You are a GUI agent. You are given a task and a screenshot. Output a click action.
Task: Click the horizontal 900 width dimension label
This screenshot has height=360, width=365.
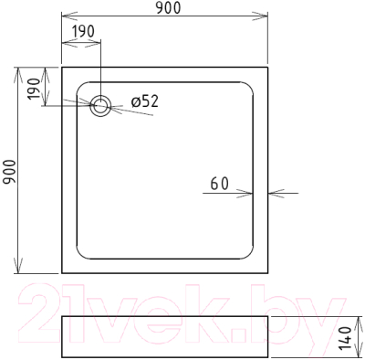click(x=168, y=8)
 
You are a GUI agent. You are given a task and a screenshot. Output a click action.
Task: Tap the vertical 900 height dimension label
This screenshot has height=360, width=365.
click(x=9, y=172)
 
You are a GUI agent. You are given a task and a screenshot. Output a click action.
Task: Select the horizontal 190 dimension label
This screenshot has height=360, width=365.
click(x=84, y=31)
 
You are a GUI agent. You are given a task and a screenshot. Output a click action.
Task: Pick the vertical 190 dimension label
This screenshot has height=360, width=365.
click(x=34, y=89)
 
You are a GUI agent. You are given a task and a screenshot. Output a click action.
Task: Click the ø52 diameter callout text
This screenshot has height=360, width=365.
click(x=145, y=101)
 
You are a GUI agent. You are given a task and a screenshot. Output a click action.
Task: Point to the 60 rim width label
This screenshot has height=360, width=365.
click(x=219, y=184)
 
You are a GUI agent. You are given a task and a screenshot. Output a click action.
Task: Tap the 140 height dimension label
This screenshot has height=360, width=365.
click(x=345, y=338)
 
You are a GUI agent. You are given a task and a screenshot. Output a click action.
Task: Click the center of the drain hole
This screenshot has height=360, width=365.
click(x=100, y=106)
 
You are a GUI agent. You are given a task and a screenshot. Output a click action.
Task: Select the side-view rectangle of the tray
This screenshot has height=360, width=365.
click(x=165, y=337)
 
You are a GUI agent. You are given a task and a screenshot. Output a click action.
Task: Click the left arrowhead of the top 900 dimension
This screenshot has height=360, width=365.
click(x=69, y=16)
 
